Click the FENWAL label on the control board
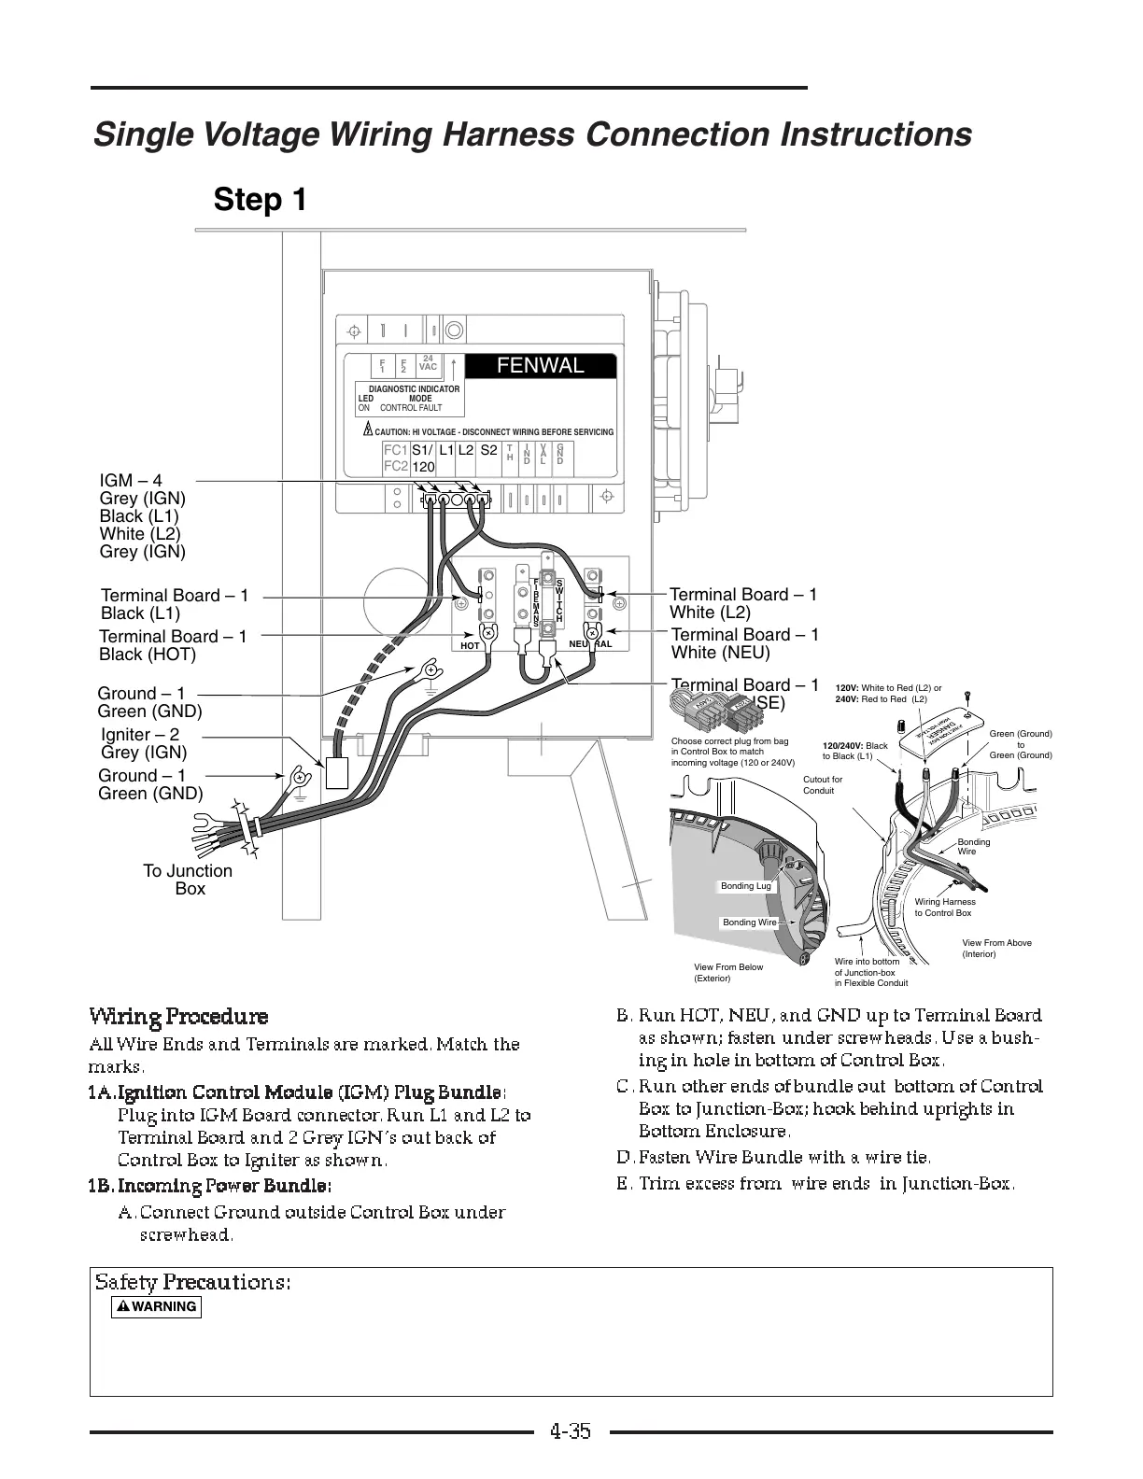(541, 366)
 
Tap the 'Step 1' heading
(261, 200)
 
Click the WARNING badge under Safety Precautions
(156, 1306)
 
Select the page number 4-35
(571, 1430)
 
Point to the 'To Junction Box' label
(188, 880)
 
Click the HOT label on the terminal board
(471, 645)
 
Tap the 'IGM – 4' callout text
(131, 481)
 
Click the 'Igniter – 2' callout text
(140, 735)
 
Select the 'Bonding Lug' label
(746, 886)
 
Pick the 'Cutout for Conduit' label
(823, 785)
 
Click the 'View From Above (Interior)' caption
(996, 949)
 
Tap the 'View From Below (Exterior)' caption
(728, 973)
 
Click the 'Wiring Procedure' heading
(178, 1017)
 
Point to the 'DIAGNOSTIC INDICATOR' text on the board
(414, 388)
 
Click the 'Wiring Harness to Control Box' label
(945, 908)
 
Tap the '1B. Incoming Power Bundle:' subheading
(210, 1186)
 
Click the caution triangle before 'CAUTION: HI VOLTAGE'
(368, 430)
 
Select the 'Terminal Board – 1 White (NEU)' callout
(744, 643)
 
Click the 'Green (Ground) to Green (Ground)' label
(1021, 744)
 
